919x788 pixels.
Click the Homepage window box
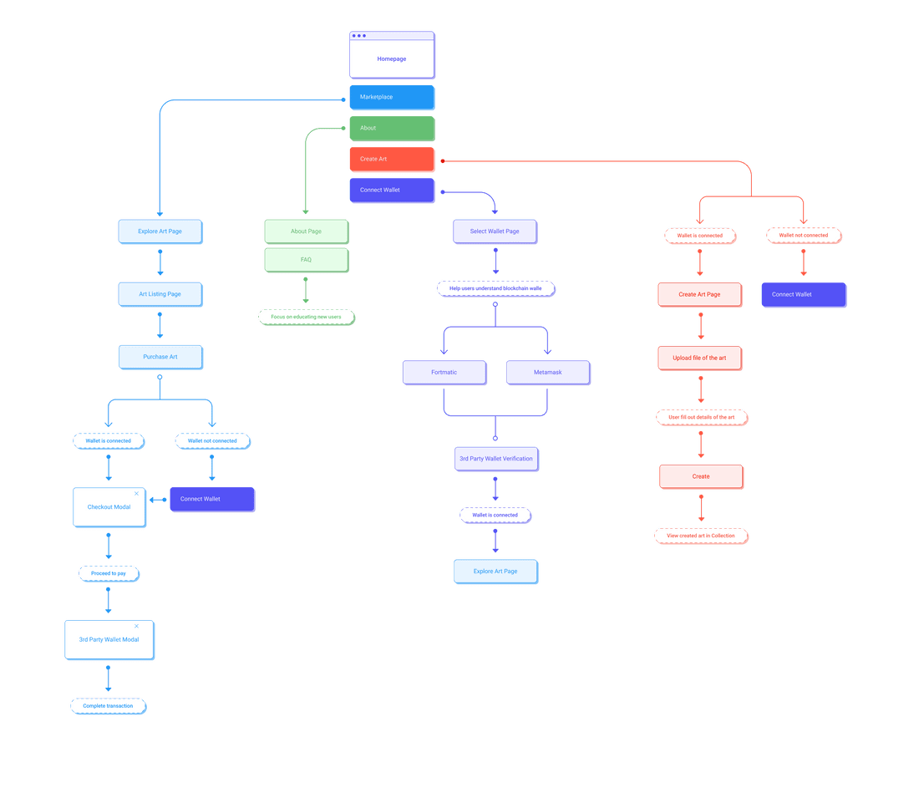pyautogui.click(x=392, y=54)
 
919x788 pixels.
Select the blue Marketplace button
pyautogui.click(x=392, y=97)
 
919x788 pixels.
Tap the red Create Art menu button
pyautogui.click(x=392, y=159)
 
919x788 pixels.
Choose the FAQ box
pyautogui.click(x=307, y=260)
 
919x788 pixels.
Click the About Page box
pyautogui.click(x=307, y=231)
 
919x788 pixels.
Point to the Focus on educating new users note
pyautogui.click(x=307, y=318)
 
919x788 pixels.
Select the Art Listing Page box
pyautogui.click(x=160, y=294)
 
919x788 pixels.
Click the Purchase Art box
pyautogui.click(x=160, y=357)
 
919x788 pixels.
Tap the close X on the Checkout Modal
pyautogui.click(x=136, y=494)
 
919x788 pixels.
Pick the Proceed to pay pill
pyautogui.click(x=109, y=573)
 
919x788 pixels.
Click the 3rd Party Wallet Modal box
pyautogui.click(x=109, y=639)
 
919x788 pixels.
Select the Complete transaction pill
pyautogui.click(x=109, y=706)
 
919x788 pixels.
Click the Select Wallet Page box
pyautogui.click(x=495, y=231)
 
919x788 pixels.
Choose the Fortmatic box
pyautogui.click(x=444, y=373)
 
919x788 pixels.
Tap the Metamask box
pyautogui.click(x=549, y=373)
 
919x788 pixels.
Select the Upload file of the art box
pyautogui.click(x=700, y=358)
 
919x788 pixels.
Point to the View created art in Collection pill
pyautogui.click(x=702, y=536)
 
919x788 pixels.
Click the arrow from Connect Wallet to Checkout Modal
pyautogui.click(x=158, y=500)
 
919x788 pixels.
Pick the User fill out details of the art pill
pyautogui.click(x=702, y=418)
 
